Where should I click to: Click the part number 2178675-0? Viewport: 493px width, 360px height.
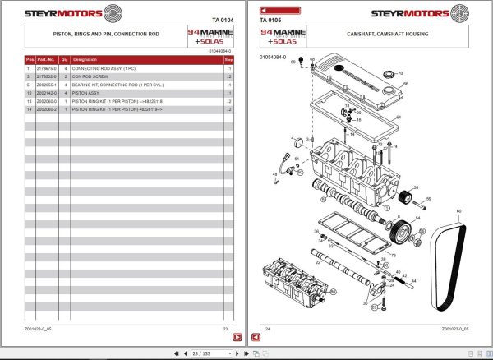point(47,68)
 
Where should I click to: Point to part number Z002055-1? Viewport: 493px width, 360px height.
point(47,85)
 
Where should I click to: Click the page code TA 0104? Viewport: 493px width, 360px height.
point(223,19)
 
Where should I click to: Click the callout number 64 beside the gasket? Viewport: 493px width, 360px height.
point(397,118)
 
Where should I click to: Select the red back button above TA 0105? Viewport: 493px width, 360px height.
point(268,9)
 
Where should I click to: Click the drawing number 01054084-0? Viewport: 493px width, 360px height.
point(274,57)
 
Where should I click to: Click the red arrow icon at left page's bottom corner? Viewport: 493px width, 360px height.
point(235,337)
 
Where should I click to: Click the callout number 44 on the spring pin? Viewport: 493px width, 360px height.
point(414,281)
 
